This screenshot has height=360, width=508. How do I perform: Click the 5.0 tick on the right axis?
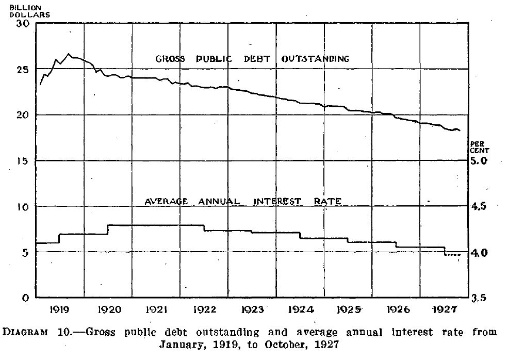[x=480, y=161]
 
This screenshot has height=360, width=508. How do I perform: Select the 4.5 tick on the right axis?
[x=480, y=206]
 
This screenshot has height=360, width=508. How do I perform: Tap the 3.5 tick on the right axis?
[x=480, y=298]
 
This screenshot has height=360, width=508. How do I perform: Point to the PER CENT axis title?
[x=479, y=146]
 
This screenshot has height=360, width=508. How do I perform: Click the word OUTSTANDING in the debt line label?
[x=315, y=59]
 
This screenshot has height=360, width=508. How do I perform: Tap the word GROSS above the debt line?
[x=170, y=59]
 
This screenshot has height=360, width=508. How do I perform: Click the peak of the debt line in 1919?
[x=68, y=54]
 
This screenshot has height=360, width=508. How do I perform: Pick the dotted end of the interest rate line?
[x=453, y=255]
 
